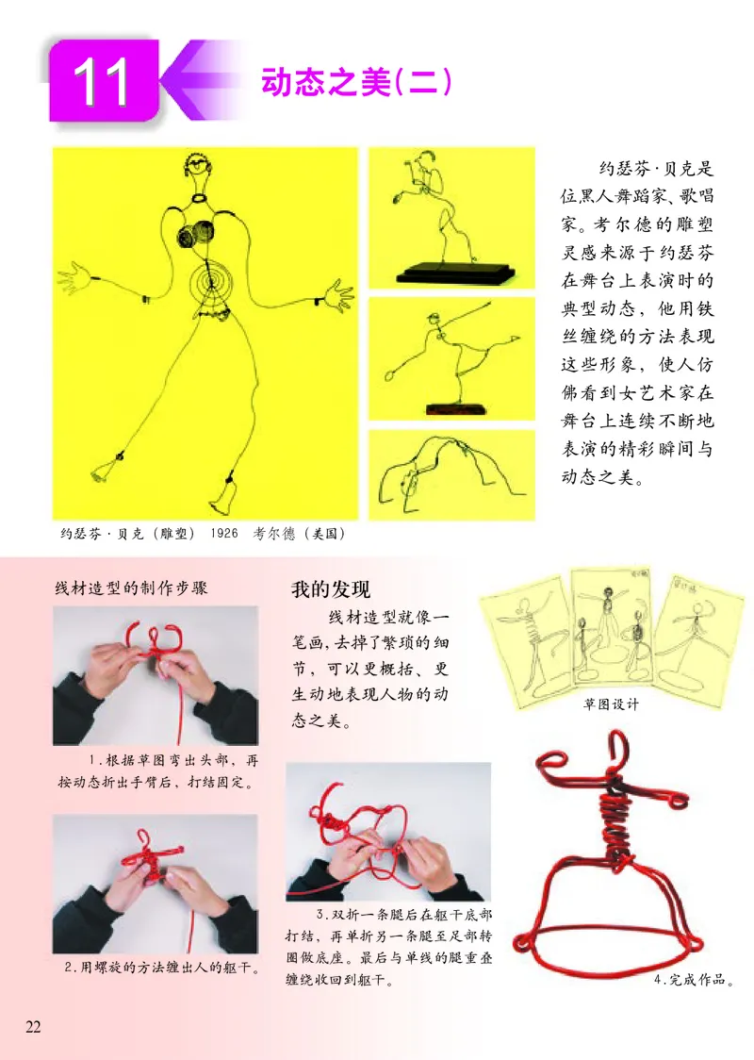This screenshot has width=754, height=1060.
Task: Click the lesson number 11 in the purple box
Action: tap(104, 83)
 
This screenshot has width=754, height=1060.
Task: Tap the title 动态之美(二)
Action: tap(356, 83)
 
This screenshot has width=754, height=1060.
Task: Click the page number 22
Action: tap(33, 1026)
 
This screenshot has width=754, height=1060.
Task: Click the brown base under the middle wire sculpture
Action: tap(455, 408)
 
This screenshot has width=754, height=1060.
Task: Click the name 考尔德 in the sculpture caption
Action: tap(277, 534)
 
